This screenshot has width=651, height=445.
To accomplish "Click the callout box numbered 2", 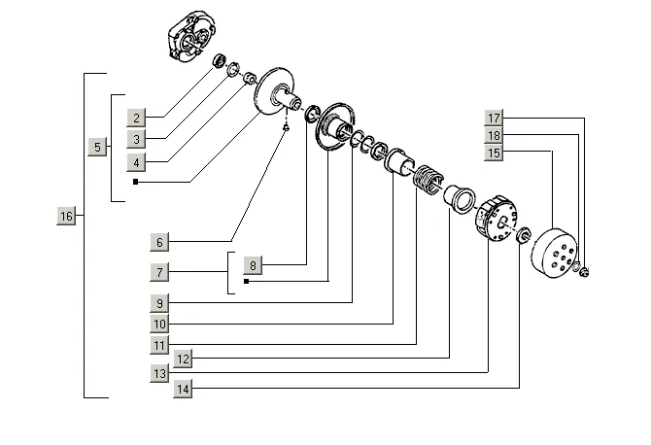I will [x=139, y=119].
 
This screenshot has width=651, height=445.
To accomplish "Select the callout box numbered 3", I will [x=139, y=140].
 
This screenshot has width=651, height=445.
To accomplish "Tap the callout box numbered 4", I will [x=139, y=162].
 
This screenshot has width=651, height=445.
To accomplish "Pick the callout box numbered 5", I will [x=97, y=147].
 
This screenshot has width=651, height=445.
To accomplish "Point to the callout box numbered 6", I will [x=161, y=240].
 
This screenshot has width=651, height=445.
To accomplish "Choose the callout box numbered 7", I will [x=161, y=271].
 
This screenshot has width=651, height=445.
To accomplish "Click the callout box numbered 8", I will [x=252, y=264].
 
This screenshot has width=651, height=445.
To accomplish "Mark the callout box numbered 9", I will [x=161, y=301].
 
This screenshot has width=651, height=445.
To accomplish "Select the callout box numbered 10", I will [x=161, y=323].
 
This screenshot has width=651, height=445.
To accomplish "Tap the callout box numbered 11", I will [x=161, y=344].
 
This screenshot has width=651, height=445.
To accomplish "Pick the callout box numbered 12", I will [x=183, y=359].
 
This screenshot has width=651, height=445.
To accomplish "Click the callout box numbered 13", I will [x=161, y=373].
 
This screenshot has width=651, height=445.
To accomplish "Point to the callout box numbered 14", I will [x=183, y=389].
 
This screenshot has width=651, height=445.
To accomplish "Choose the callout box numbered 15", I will [x=495, y=153].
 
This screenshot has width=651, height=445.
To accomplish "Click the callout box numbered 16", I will [x=66, y=216].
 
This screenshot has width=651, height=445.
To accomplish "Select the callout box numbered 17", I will [x=495, y=119].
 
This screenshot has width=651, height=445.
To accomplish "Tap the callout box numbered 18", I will [x=495, y=136].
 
